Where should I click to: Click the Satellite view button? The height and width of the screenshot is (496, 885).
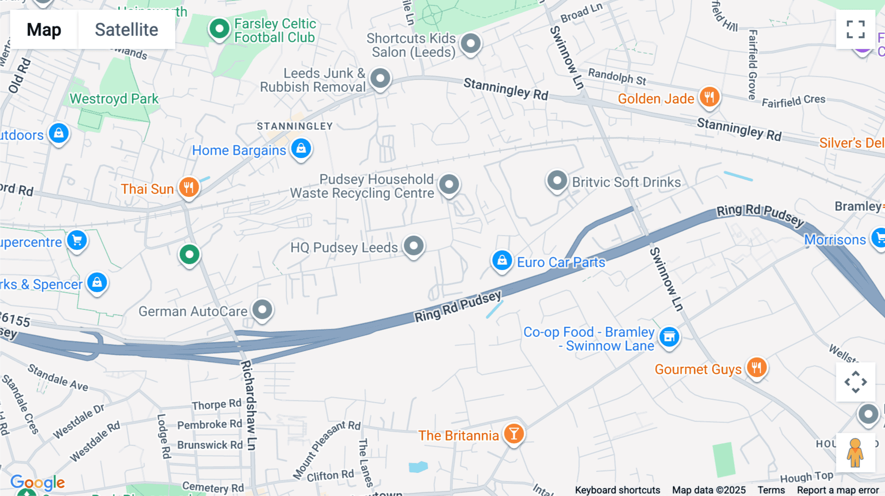click(126, 29)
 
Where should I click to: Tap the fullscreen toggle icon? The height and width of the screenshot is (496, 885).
click(855, 29)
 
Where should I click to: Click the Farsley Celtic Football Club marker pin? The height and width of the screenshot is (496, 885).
click(219, 29)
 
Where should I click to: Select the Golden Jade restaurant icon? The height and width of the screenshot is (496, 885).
click(709, 97)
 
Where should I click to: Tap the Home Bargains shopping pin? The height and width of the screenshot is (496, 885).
click(301, 148)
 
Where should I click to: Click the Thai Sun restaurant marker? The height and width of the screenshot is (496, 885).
click(189, 187)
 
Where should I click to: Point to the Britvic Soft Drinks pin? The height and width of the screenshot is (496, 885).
click(557, 181)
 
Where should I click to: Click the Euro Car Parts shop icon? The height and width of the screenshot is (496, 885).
click(502, 260)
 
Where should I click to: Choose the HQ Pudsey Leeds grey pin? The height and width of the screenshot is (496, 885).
click(413, 245)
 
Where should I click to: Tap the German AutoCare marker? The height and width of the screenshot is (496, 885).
click(263, 309)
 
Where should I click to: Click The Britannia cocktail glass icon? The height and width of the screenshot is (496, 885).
click(514, 434)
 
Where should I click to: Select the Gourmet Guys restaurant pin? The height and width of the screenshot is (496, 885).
click(757, 367)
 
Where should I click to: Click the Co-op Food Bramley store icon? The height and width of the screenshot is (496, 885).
click(669, 337)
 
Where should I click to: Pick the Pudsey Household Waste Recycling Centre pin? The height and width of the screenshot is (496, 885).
click(449, 185)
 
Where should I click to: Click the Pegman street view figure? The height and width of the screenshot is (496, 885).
click(855, 452)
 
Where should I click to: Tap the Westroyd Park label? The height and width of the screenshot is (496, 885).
click(114, 99)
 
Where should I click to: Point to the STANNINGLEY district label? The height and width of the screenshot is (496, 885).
click(295, 126)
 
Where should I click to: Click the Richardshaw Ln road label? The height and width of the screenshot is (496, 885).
click(249, 405)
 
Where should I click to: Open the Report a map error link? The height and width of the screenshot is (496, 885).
click(838, 490)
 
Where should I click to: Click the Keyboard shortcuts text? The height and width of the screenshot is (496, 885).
click(618, 490)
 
